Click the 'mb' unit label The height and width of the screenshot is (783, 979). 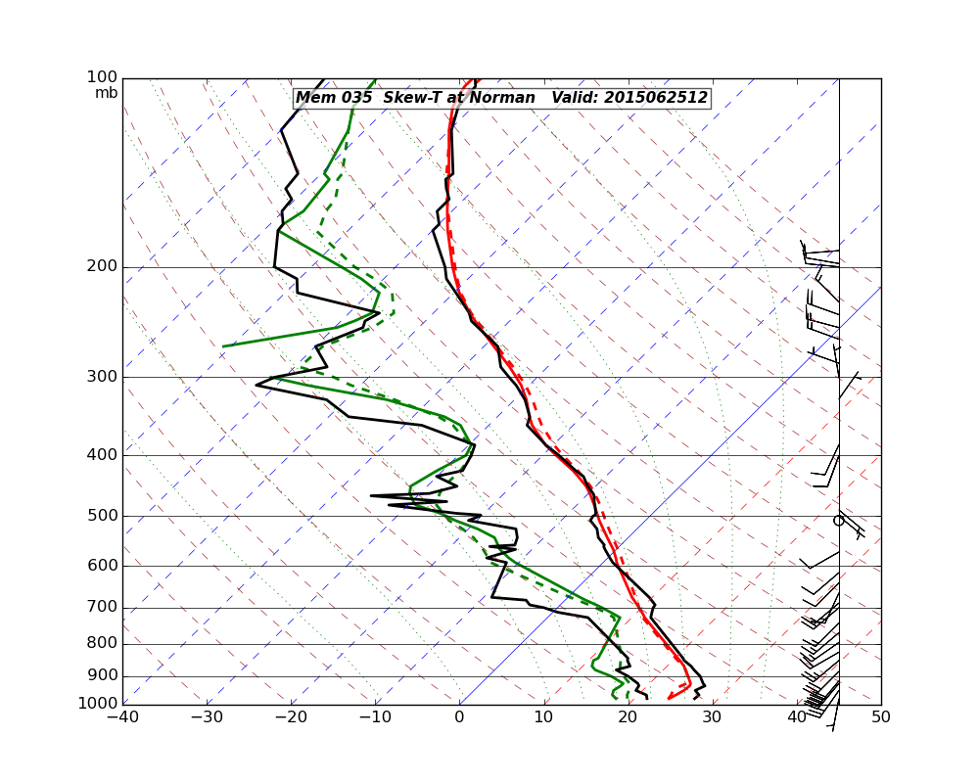[106, 93]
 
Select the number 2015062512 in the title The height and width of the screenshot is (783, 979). [655, 98]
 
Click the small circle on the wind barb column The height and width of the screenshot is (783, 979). [838, 521]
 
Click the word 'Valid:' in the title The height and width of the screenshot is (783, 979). [575, 98]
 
